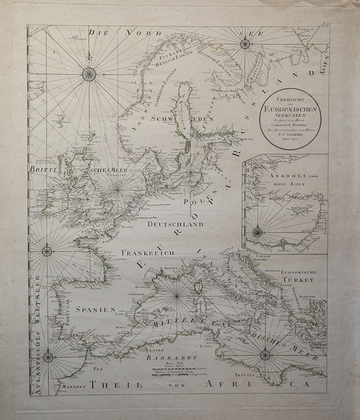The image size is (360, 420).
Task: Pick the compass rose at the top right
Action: [244, 44]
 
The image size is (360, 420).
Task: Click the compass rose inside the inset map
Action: [257, 231]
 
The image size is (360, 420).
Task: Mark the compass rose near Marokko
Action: [48, 357]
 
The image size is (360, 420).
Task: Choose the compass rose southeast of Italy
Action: [265, 355]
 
